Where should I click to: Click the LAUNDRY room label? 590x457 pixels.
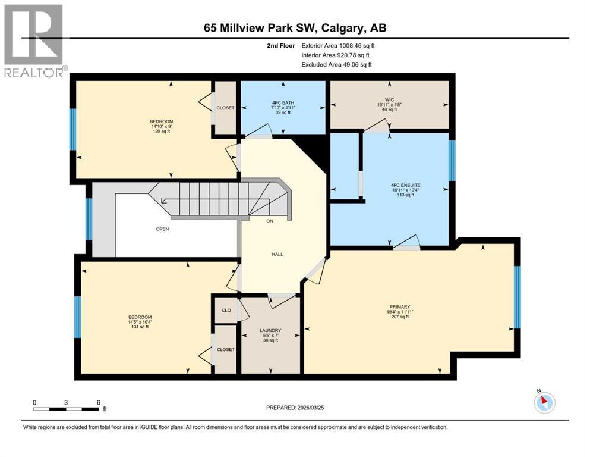point(270,330)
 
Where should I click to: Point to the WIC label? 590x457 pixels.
point(390,99)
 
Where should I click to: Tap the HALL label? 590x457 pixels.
point(277,254)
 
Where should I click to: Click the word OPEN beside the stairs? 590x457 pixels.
point(163,228)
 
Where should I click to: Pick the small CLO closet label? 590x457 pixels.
point(226,310)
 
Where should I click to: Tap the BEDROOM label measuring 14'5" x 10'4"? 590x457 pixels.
point(140,317)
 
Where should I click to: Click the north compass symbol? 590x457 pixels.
point(544,402)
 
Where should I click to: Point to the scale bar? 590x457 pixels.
point(66,409)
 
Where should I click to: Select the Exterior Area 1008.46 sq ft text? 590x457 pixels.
point(338,45)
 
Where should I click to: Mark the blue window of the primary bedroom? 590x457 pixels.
point(516,297)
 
